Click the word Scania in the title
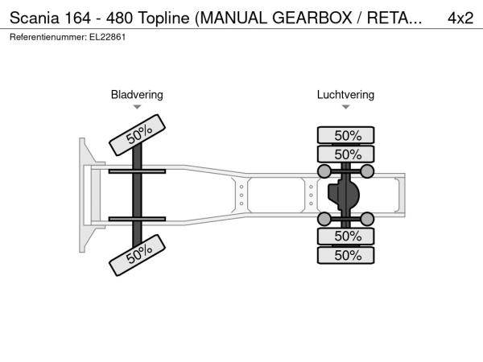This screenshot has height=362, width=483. [x=34, y=19]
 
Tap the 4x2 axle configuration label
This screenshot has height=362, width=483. [x=460, y=19]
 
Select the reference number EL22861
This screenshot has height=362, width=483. [x=108, y=37]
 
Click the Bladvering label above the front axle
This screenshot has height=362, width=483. [x=137, y=94]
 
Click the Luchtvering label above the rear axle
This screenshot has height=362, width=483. [x=345, y=94]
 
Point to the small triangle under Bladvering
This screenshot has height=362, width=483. [x=137, y=107]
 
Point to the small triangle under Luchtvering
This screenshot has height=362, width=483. [x=345, y=107]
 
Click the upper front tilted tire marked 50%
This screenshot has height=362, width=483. [x=138, y=135]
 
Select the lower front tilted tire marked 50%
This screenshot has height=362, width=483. [x=138, y=255]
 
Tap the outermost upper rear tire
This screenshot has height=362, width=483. [x=345, y=135]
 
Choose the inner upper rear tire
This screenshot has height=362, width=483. [x=345, y=154]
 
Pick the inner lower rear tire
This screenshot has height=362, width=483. [x=345, y=237]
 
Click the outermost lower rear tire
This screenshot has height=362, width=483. [x=345, y=255]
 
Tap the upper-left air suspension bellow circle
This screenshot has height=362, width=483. [x=324, y=171]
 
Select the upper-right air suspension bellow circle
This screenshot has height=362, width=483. [x=367, y=171]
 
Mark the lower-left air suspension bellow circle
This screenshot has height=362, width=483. [x=324, y=219]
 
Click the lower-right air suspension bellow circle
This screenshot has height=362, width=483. [x=367, y=219]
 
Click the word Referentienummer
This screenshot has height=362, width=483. [x=48, y=37]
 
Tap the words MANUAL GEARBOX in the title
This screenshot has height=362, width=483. [x=275, y=19]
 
